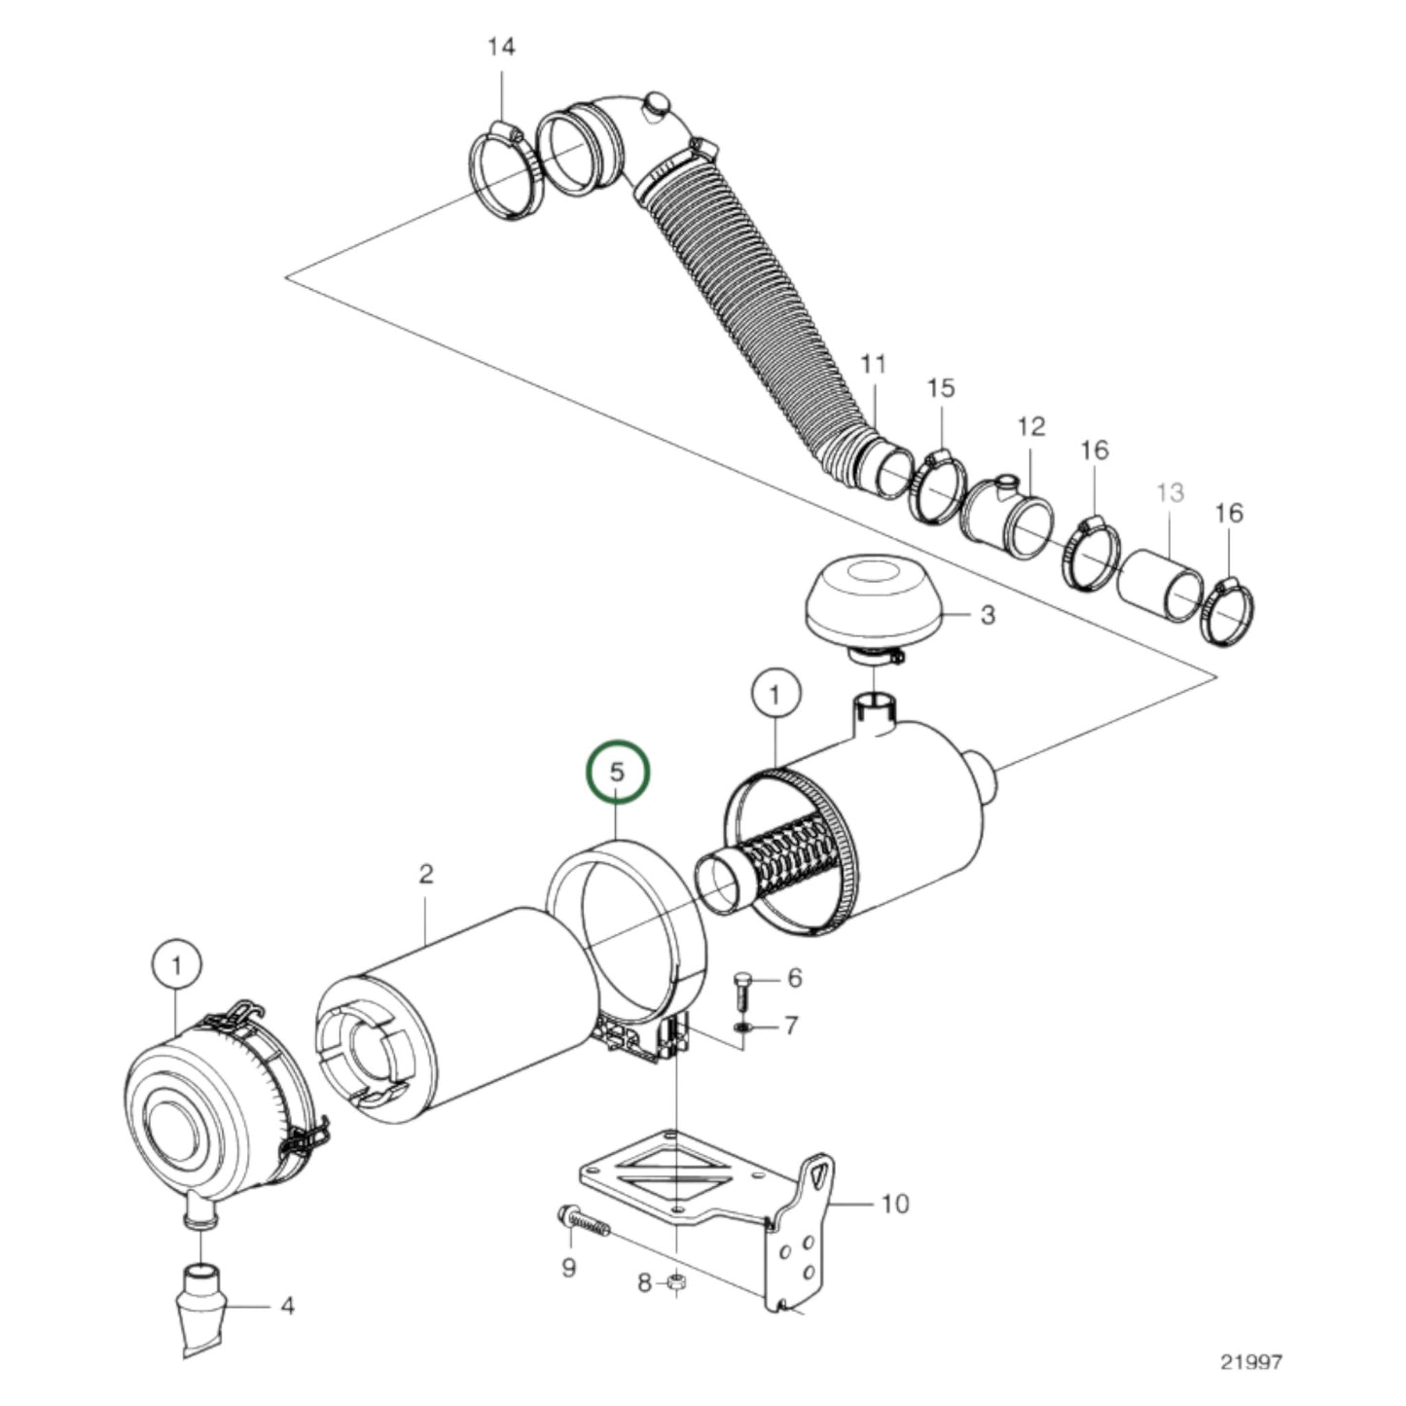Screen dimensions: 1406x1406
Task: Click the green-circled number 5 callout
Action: pyautogui.click(x=616, y=771)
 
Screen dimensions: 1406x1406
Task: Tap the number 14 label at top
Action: pyautogui.click(x=501, y=48)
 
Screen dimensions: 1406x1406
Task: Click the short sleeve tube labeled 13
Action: pyautogui.click(x=1161, y=586)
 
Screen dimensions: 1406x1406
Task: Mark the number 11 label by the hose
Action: pyautogui.click(x=873, y=365)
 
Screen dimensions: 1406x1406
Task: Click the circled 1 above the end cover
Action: pyautogui.click(x=176, y=966)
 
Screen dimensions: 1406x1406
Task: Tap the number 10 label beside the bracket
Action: pyautogui.click(x=894, y=1204)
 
